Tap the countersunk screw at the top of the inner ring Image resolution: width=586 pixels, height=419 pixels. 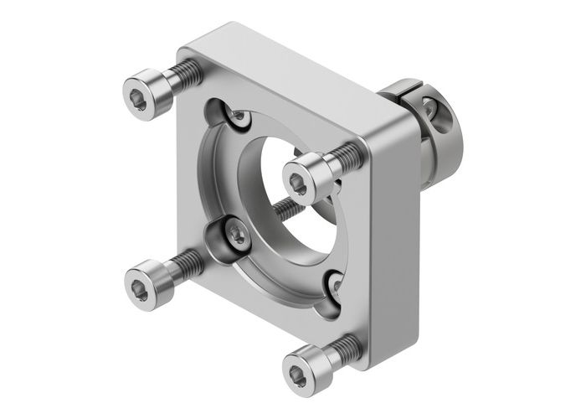point(239,120)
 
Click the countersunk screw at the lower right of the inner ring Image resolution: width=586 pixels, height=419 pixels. point(336,286)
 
